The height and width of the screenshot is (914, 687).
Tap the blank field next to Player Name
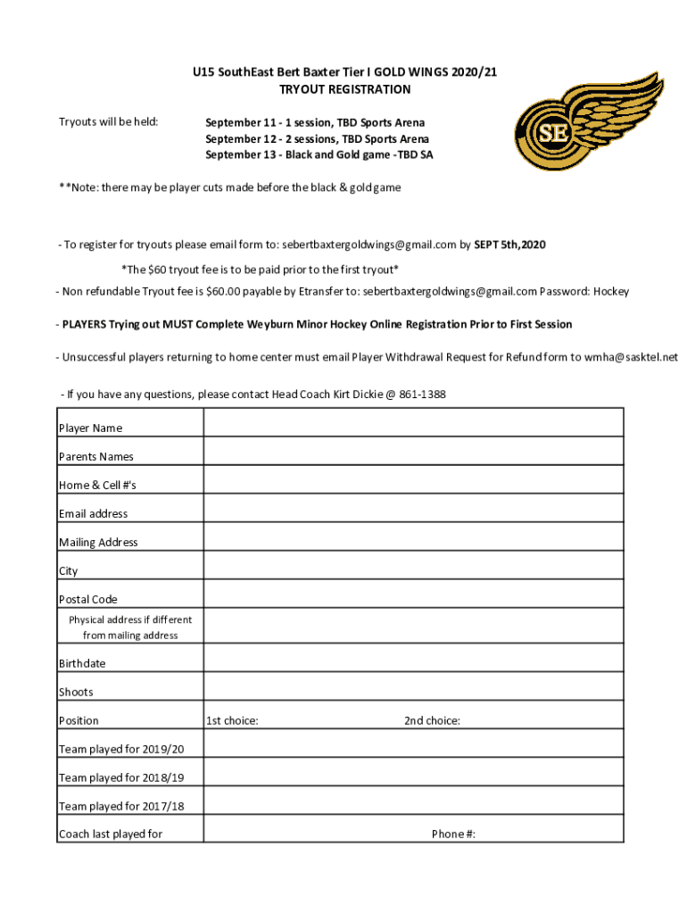click(413, 422)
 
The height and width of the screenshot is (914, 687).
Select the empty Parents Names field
click(413, 451)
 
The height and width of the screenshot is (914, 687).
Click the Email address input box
click(413, 508)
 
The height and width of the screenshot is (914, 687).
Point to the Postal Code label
click(88, 599)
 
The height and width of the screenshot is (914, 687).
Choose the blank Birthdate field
click(413, 658)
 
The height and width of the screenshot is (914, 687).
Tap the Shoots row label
click(76, 692)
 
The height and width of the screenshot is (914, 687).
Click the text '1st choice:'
click(232, 720)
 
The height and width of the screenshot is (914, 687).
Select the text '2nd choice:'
click(432, 720)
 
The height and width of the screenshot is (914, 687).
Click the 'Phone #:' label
click(453, 834)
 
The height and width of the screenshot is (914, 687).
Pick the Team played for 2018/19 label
click(121, 777)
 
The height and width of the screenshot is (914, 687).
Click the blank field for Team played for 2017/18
click(413, 801)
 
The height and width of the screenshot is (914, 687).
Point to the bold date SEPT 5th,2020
click(509, 245)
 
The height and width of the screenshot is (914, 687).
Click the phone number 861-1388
click(422, 395)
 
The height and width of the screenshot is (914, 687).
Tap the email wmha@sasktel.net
click(631, 357)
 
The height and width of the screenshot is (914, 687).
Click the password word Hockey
click(611, 291)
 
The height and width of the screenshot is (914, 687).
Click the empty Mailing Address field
click(413, 536)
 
